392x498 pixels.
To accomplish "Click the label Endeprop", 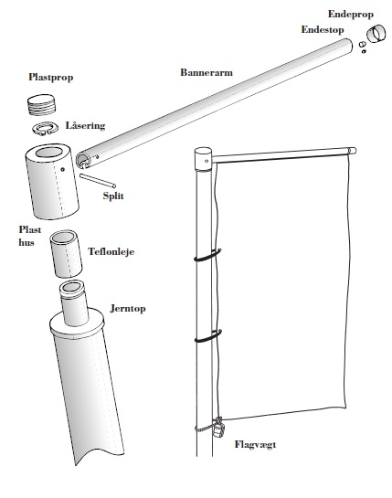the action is (351, 15).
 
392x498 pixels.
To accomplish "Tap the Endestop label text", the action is (323, 29).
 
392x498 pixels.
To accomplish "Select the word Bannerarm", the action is (207, 72).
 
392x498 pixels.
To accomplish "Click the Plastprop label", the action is (51, 77).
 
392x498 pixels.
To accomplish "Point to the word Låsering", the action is (86, 125).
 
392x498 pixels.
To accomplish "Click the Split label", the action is (113, 196).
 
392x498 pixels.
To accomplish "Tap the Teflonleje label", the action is (111, 251).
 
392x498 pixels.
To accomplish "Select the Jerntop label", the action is (128, 309).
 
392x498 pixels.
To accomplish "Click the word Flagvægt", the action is (256, 445).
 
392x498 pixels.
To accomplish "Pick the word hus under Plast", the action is (26, 243).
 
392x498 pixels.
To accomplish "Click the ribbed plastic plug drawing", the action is (43, 105).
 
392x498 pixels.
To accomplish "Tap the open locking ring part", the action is (46, 129).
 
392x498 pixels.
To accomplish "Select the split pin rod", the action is (98, 181).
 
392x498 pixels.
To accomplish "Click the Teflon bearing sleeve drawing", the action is (66, 254).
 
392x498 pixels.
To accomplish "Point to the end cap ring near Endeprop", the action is (376, 33).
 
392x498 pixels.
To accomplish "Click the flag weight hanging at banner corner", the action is (218, 428).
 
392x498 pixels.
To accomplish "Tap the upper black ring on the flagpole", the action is (207, 256).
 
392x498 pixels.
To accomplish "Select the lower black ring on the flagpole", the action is (208, 336).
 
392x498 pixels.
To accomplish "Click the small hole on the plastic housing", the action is (63, 170).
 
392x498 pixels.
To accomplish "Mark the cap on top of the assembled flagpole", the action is (203, 159).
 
